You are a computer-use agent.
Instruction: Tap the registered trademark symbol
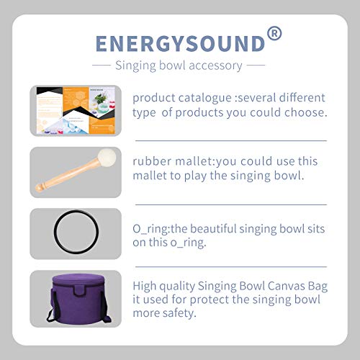pyautogui.click(x=274, y=33)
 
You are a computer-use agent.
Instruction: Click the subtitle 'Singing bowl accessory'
pyautogui.click(x=179, y=66)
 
